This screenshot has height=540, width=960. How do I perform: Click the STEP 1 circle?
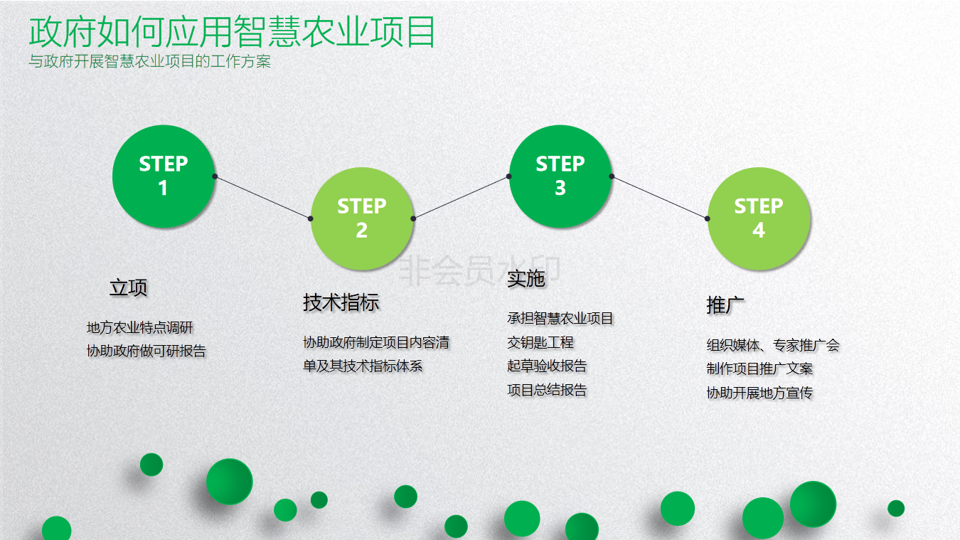pyautogui.click(x=164, y=176)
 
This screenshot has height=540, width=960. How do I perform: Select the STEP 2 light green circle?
pyautogui.click(x=362, y=218)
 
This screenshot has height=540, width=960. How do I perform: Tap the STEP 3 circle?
pyautogui.click(x=560, y=176)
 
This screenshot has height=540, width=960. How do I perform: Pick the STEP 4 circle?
pyautogui.click(x=759, y=218)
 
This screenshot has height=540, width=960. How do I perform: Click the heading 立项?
pyautogui.click(x=129, y=287)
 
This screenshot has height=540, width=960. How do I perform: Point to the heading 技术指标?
pyautogui.click(x=341, y=302)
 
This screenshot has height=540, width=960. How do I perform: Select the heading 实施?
pyautogui.click(x=526, y=279)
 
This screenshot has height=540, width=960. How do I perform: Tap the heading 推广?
pyautogui.click(x=725, y=305)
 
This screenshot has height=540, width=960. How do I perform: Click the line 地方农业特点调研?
pyautogui.click(x=139, y=328)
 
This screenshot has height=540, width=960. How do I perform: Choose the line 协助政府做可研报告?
pyautogui.click(x=146, y=351)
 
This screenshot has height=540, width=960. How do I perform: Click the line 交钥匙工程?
pyautogui.click(x=540, y=342)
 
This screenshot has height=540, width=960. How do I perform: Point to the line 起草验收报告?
pyautogui.click(x=547, y=366)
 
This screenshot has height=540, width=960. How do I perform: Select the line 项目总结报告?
pyautogui.click(x=547, y=390)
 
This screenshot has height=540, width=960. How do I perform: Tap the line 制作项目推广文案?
pyautogui.click(x=759, y=369)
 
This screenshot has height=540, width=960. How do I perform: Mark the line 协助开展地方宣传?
pyautogui.click(x=759, y=393)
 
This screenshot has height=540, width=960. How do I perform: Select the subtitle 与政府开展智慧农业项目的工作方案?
pyautogui.click(x=149, y=61)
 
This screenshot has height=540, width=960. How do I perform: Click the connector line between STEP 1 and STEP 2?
pyautogui.click(x=262, y=198)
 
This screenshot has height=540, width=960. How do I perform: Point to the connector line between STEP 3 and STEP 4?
pyautogui.click(x=659, y=198)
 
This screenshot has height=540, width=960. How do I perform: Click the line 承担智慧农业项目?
pyautogui.click(x=560, y=318)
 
